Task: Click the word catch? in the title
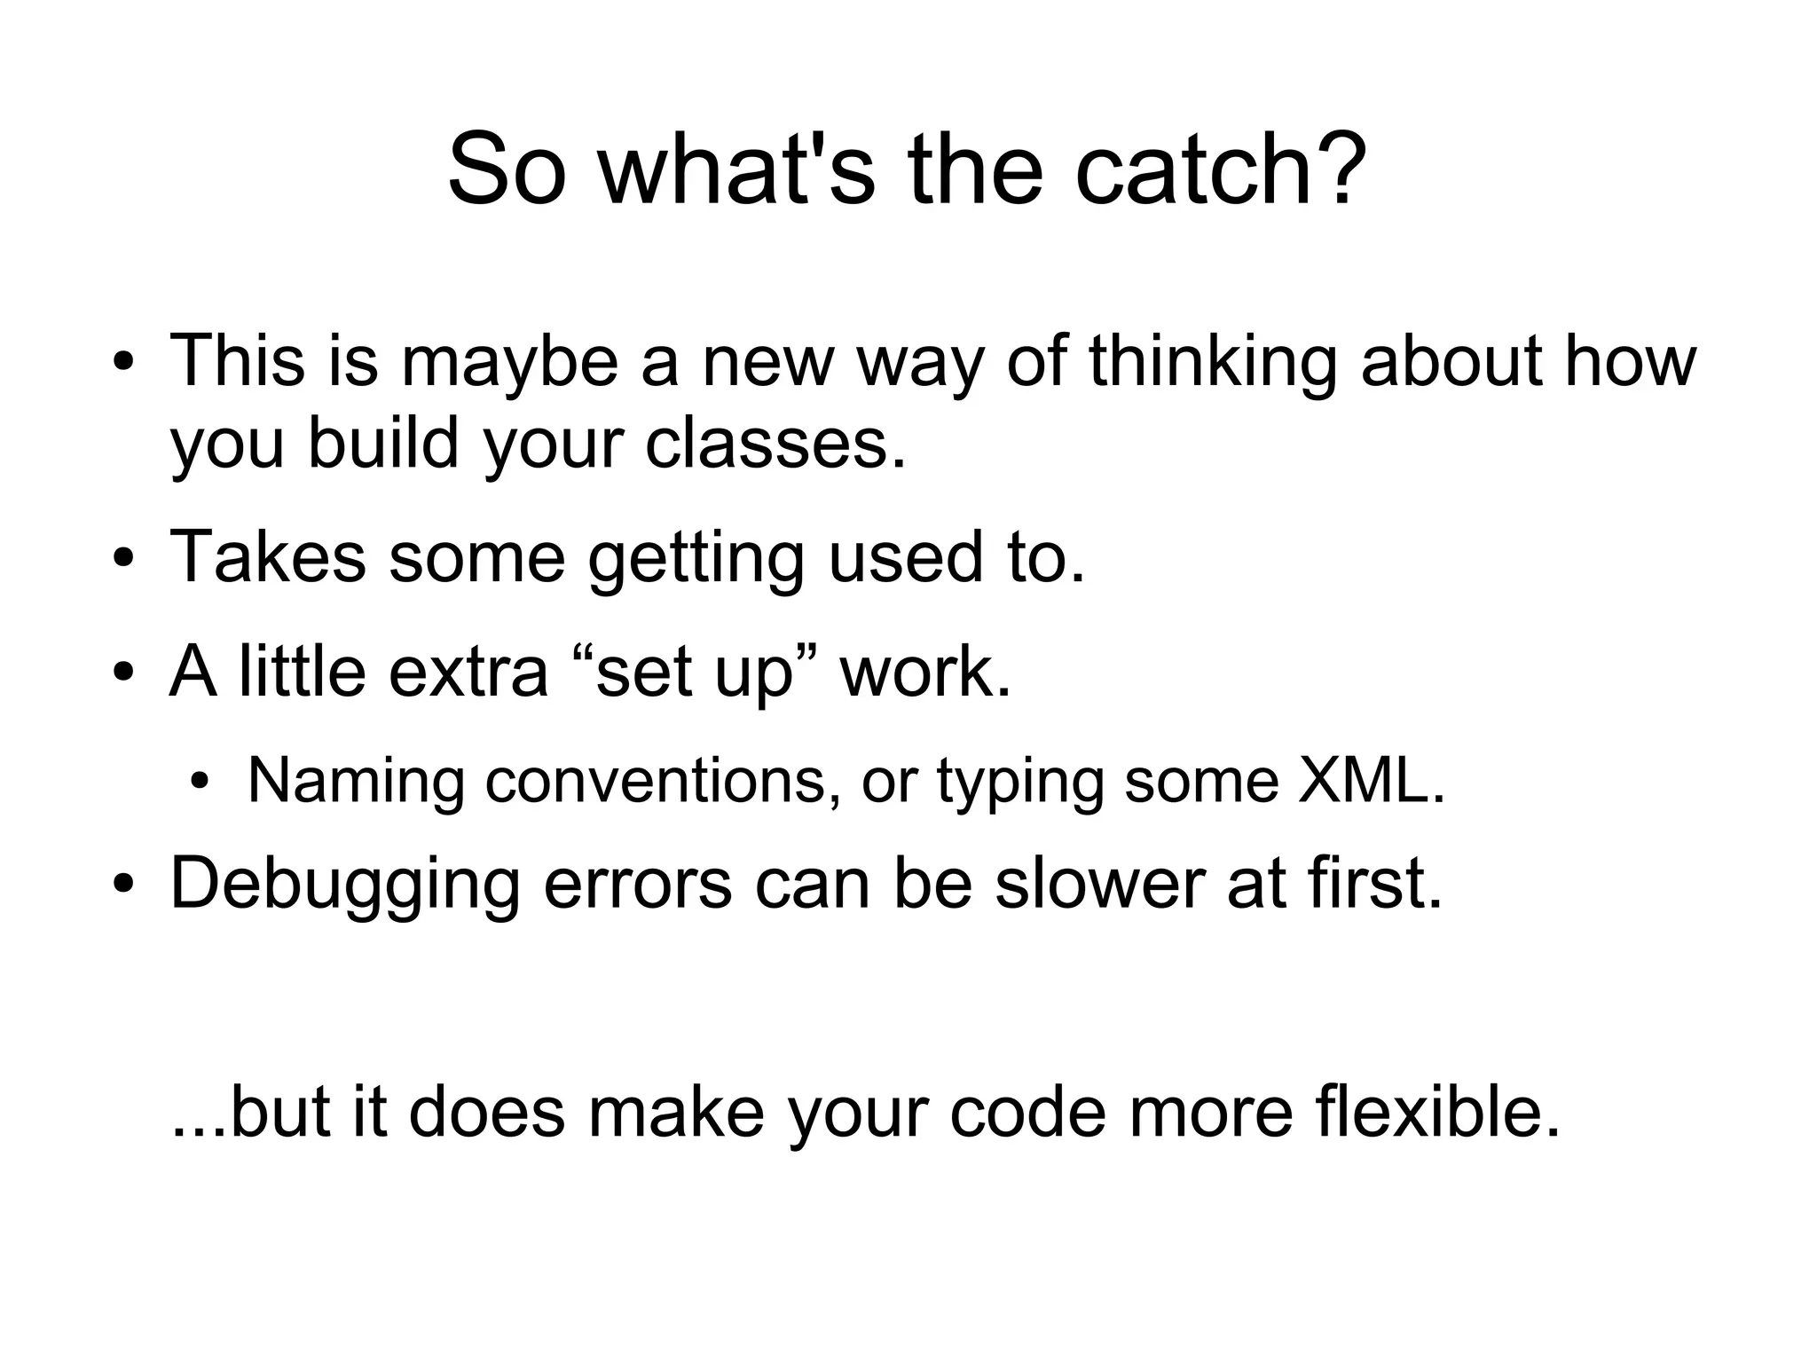[1221, 169]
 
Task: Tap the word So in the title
[506, 169]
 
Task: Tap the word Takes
[267, 557]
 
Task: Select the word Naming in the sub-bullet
[356, 781]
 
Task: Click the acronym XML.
[1372, 781]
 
